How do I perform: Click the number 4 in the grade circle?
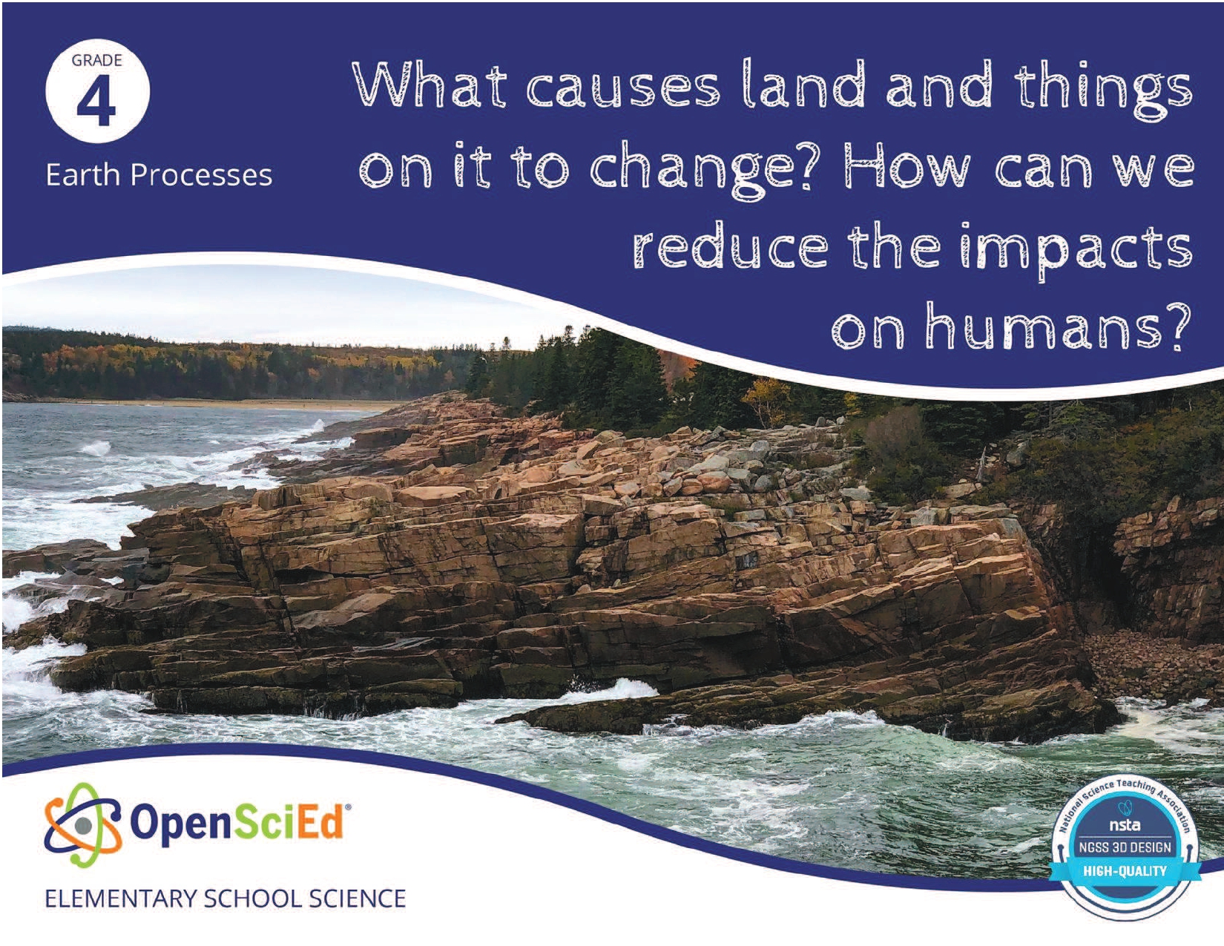pos(97,104)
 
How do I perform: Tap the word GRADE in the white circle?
pos(97,60)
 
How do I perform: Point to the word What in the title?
pos(436,85)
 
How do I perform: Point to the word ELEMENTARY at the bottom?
pos(121,898)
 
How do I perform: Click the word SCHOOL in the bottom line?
pos(251,898)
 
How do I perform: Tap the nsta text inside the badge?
pos(1125,825)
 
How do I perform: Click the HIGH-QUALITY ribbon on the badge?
pos(1125,870)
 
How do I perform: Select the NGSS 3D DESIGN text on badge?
pos(1125,847)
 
